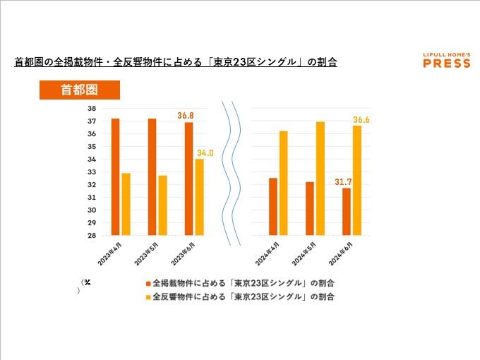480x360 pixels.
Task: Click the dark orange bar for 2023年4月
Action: click(115, 177)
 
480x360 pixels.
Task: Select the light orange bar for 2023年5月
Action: click(162, 205)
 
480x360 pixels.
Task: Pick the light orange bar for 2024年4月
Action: click(284, 184)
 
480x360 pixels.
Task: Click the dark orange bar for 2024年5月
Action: click(309, 209)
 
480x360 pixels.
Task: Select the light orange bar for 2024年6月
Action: click(357, 181)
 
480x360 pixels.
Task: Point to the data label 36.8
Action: click(186, 115)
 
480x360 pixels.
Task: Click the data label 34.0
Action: click(205, 152)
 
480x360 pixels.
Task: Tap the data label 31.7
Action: click(343, 182)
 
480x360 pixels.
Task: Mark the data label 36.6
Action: click(361, 120)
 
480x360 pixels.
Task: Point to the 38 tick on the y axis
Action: click(92, 108)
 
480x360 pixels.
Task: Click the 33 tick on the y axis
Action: click(92, 172)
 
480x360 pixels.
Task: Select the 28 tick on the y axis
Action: click(92, 236)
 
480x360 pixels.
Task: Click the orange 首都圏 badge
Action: click(79, 90)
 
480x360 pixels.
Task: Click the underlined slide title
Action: click(176, 62)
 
